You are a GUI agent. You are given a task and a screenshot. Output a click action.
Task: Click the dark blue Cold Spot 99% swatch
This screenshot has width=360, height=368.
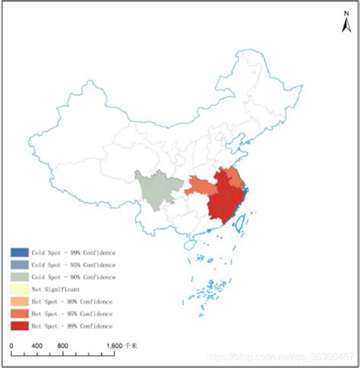pos(20,252)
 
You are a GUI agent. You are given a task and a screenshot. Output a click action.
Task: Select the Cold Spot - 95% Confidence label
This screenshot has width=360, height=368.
pos(73,265)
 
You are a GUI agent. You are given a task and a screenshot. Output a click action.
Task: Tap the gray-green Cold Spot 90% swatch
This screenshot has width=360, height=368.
pos(20,277)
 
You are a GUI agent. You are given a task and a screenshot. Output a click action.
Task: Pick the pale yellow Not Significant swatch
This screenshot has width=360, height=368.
pos(20,289)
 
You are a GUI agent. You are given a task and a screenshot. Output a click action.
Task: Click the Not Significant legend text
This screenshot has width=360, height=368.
pos(55,289)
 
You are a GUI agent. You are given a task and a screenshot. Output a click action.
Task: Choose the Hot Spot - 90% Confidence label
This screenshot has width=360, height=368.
pos(71,301)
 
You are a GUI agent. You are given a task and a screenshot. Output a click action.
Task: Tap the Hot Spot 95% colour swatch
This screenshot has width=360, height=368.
pos(20,313)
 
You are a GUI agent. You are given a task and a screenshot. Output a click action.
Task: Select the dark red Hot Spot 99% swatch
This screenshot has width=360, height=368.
pos(20,325)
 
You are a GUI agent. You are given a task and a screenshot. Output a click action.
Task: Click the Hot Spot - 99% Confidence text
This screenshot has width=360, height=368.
pos(71,325)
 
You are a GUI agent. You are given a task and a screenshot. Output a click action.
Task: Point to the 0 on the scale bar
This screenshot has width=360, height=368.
pos(11,347)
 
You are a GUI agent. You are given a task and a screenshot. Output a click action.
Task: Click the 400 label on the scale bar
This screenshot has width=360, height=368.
pos(35,347)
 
